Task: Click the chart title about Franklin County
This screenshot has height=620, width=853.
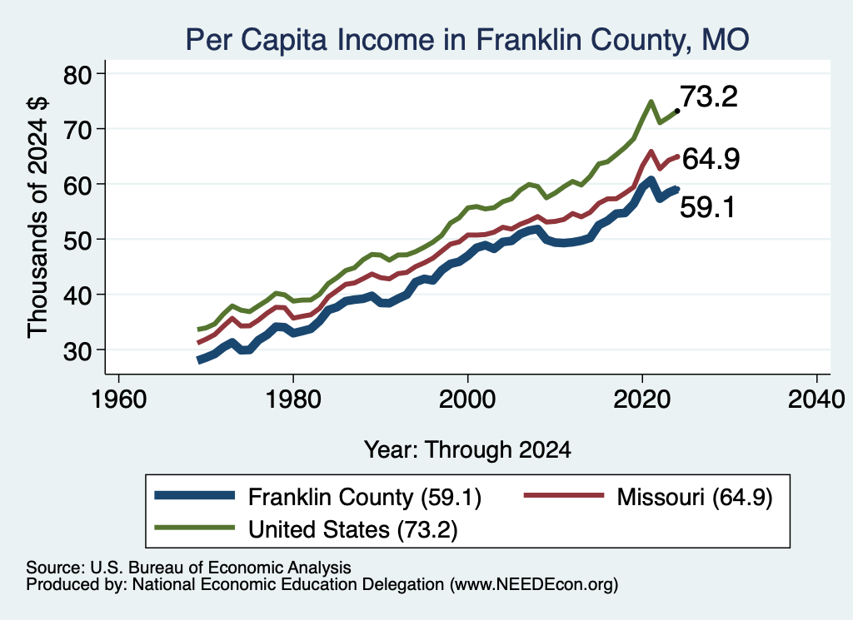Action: click(467, 39)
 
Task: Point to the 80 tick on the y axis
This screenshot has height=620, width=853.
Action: click(102, 73)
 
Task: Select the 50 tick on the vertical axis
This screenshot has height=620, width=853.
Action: click(102, 239)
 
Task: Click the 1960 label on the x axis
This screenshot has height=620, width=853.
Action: click(118, 399)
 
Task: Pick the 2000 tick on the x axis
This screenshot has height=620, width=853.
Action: click(467, 378)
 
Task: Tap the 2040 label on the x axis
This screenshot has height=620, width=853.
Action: click(816, 399)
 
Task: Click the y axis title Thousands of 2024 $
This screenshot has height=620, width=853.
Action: click(37, 217)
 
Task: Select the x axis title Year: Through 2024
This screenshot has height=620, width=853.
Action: click(467, 450)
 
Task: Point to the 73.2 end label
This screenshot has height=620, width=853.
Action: click(709, 97)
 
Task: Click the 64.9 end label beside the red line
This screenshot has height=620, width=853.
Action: click(711, 159)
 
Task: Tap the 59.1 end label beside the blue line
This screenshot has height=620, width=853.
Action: click(707, 207)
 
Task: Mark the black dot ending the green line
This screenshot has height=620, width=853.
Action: click(676, 111)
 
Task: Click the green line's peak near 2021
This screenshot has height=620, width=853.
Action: click(651, 102)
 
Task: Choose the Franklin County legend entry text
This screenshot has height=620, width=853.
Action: click(365, 497)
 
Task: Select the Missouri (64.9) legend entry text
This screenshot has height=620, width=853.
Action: click(695, 497)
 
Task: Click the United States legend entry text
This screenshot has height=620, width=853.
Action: click(353, 529)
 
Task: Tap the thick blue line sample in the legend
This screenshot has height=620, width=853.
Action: click(195, 495)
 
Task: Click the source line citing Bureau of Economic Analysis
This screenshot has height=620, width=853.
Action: click(188, 568)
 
